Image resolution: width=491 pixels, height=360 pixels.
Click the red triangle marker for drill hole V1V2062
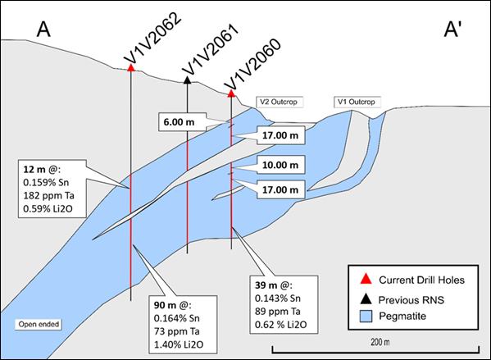[131, 67]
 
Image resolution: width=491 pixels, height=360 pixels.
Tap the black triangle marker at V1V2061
[187, 80]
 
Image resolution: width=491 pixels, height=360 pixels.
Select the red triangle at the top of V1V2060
[231, 93]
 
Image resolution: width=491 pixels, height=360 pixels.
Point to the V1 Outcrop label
[357, 103]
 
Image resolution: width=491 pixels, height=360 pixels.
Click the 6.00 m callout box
[182, 122]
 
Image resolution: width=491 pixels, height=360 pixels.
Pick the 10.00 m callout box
[280, 165]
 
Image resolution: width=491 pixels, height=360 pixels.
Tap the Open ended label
[39, 324]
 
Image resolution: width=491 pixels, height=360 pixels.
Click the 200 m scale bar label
[380, 342]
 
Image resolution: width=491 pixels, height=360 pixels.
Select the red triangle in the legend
[366, 279]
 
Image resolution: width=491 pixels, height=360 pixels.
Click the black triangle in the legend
[366, 298]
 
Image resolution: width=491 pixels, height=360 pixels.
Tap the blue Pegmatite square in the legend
[366, 317]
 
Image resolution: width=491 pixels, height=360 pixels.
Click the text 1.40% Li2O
[179, 344]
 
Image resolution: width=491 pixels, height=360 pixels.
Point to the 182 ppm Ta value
[48, 195]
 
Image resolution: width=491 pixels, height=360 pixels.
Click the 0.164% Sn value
[176, 318]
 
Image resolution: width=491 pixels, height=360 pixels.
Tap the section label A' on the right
[452, 30]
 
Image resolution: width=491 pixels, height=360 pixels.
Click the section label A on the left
[43, 30]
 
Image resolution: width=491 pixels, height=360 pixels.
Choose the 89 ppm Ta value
[278, 312]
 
